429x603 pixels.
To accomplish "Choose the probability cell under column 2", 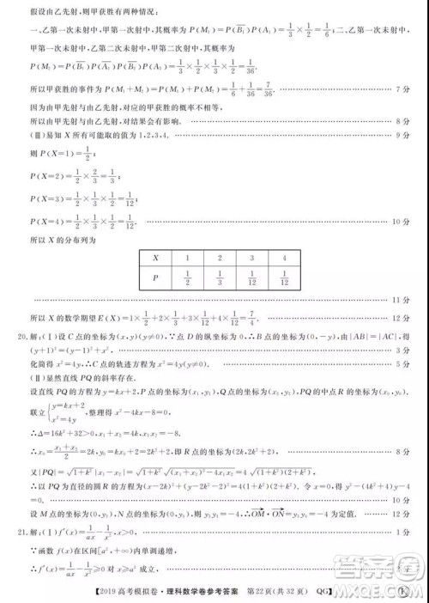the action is point(221,277).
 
